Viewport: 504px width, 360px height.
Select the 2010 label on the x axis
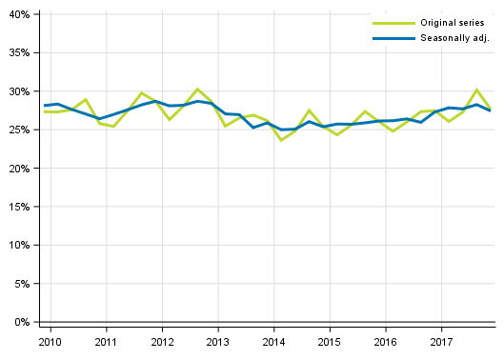coord(50,341)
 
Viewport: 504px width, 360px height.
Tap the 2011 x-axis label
coord(106,341)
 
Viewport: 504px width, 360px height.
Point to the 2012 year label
coord(162,341)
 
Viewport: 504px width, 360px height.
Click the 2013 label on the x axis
coord(218,341)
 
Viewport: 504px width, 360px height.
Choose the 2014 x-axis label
coord(273,341)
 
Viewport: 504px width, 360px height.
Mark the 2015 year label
coord(330,341)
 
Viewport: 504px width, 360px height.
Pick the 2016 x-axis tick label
coord(386,341)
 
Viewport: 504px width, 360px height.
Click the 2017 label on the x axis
coord(441,341)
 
